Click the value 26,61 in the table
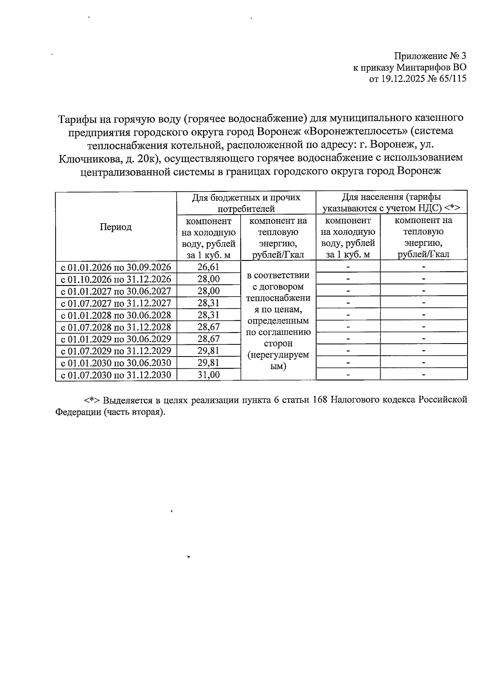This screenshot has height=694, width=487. pos(209,267)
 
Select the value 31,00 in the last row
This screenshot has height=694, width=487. pos(209,375)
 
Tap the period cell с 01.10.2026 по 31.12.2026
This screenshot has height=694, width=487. pos(116,279)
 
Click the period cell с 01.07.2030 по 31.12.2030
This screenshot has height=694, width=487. pos(116,375)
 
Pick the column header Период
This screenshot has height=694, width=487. pos(116,227)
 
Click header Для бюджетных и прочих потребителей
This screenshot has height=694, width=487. pos(246,203)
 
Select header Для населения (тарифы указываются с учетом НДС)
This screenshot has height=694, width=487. pos(391,203)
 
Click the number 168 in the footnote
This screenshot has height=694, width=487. pos(320,400)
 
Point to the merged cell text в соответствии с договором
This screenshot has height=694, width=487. pos(278,281)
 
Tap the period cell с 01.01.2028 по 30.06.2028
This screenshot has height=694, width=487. pos(116,315)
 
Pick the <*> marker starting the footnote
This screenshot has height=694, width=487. pos(92,400)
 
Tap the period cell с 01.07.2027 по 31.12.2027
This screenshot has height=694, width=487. pos(116,303)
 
